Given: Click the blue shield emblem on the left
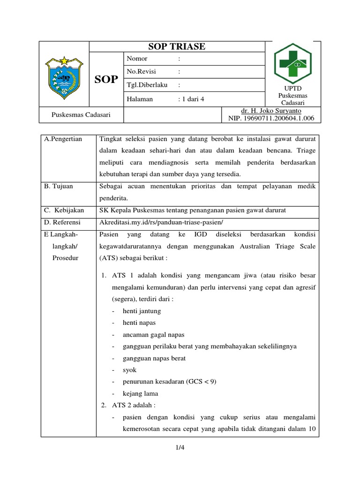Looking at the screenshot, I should pos(64,75).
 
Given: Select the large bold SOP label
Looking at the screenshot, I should pos(106,79).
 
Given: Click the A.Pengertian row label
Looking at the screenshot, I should pos(63,139).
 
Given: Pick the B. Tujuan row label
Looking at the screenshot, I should pos(59,186).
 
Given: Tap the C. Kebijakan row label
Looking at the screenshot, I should pos(64,210).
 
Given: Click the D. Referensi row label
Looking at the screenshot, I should pos(62,222).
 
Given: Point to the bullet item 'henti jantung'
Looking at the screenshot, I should pos(142,311).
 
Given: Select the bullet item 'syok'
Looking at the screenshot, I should pos(129,370).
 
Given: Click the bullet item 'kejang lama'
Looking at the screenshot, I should pos(140,393).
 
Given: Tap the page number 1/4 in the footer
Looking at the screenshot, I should pos(180,448).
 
